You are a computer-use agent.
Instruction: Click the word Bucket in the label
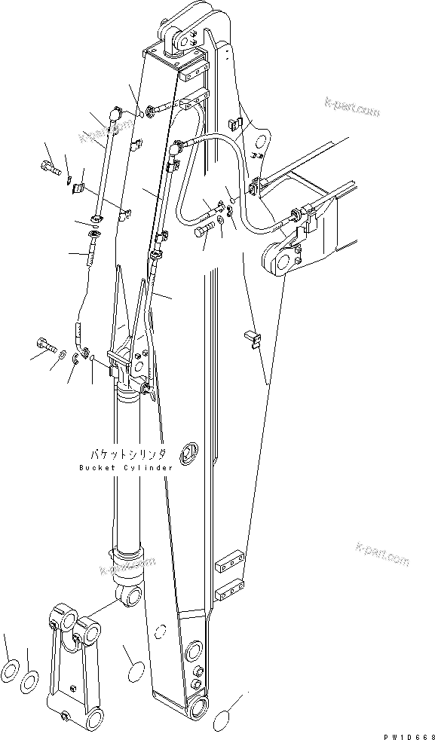[x=96, y=468]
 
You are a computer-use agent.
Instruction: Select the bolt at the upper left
[x=49, y=167]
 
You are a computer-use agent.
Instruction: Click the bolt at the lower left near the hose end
[x=46, y=347]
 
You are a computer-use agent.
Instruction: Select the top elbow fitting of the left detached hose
[x=114, y=115]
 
